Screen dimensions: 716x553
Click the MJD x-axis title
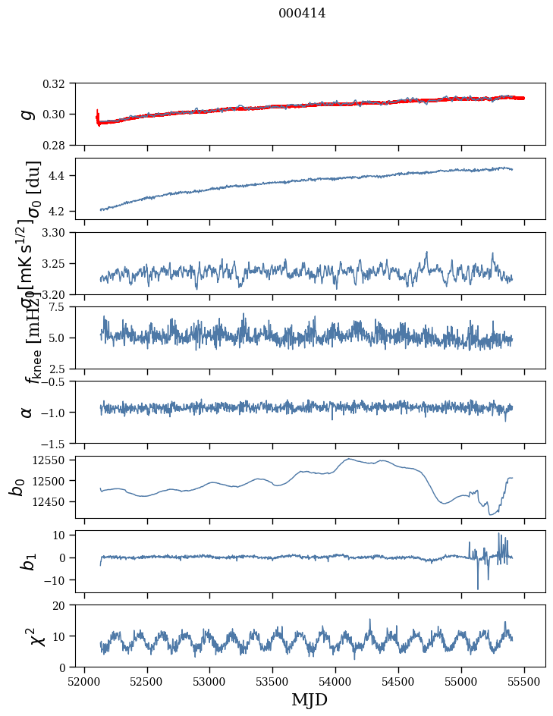pos(309,699)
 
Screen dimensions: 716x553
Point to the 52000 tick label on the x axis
pos(84,680)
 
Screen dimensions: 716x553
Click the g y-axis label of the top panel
pos(27,114)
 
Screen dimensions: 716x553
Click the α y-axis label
pos(27,412)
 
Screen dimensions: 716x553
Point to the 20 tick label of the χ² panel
pos(64,605)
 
